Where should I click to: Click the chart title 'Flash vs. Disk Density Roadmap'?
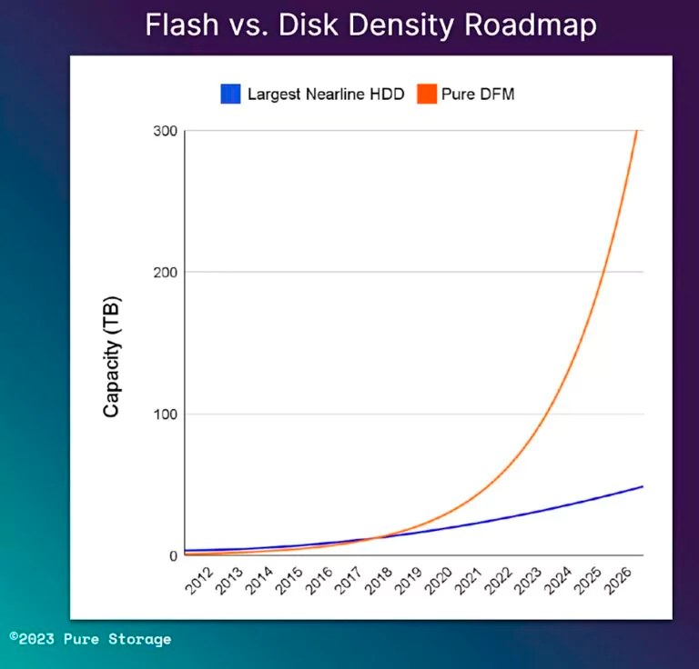[x=370, y=25]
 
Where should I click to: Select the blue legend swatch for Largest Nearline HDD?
[x=230, y=94]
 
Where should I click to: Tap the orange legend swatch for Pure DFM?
[x=427, y=94]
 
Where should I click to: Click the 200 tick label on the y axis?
[x=165, y=272]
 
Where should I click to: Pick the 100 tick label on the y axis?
[x=165, y=414]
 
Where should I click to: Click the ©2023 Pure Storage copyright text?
[x=90, y=639]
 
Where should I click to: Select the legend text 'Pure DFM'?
[x=479, y=94]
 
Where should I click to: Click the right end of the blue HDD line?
[x=643, y=486]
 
